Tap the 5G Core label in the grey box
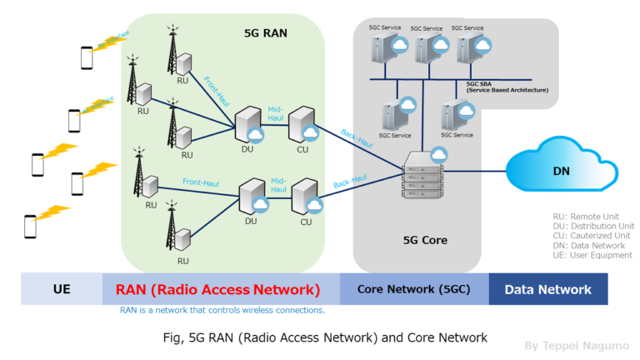(x=425, y=240)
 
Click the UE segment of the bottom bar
(x=61, y=289)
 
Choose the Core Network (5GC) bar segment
(x=414, y=289)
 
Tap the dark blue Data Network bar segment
(x=547, y=289)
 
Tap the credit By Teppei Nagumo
(x=576, y=345)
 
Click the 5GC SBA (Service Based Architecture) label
(x=505, y=87)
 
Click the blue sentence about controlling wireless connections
(x=222, y=310)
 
